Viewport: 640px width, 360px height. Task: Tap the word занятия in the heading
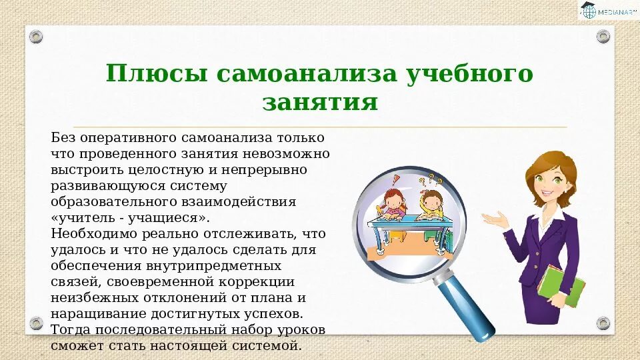(x=320, y=103)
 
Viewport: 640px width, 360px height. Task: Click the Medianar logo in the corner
(x=606, y=11)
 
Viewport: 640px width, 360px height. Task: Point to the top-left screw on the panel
(x=36, y=36)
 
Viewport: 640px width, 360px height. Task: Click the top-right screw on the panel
(x=603, y=36)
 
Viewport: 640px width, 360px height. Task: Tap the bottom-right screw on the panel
(x=603, y=323)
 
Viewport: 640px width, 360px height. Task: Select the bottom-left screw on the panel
(x=36, y=323)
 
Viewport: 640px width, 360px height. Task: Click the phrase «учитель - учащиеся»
(x=130, y=218)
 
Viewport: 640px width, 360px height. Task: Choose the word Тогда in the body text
(x=70, y=330)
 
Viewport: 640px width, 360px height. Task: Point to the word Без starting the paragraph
(x=63, y=138)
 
